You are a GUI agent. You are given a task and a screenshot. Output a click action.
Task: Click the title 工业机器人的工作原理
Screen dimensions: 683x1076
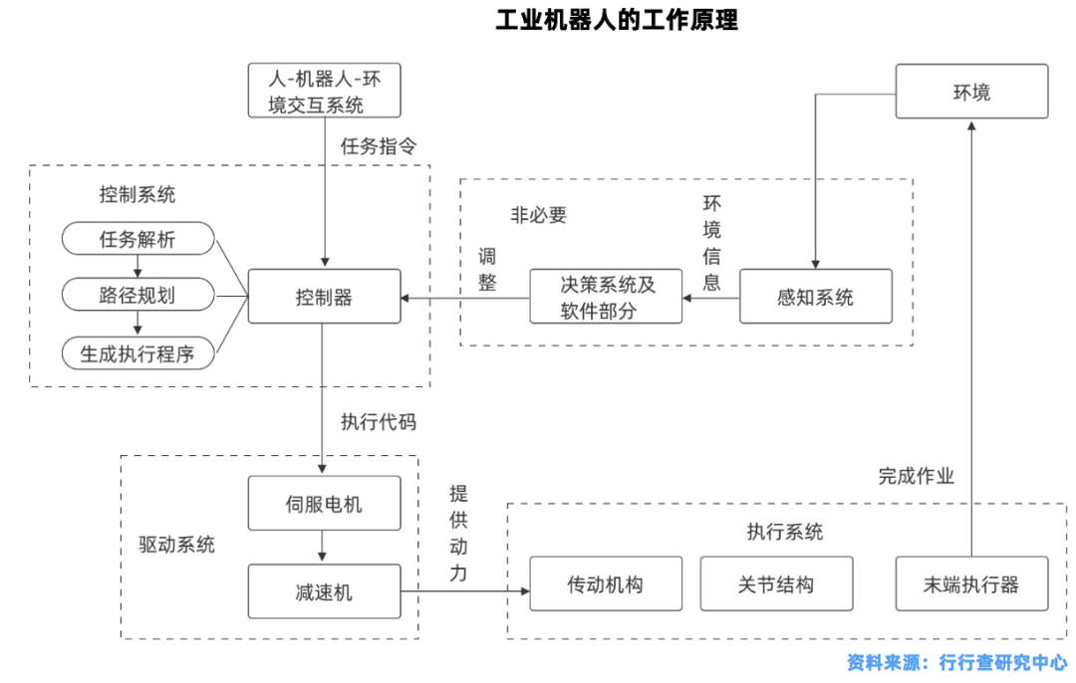pos(617,20)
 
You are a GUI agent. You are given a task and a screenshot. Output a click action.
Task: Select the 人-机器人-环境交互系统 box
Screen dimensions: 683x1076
pos(324,91)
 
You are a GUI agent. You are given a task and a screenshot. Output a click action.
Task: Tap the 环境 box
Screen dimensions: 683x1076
pos(970,92)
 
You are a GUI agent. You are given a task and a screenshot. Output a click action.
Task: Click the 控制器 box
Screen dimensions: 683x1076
pos(324,296)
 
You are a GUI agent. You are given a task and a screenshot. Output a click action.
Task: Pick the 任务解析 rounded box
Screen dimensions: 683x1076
pos(137,239)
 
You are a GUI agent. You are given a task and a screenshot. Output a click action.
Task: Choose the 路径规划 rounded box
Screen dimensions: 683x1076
pos(137,296)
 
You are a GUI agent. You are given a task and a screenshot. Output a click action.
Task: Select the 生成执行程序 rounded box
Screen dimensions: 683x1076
pos(137,352)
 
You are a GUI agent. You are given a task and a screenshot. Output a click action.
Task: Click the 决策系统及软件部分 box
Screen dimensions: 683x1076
pos(606,296)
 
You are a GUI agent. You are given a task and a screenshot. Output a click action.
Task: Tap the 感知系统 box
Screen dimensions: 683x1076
pos(815,296)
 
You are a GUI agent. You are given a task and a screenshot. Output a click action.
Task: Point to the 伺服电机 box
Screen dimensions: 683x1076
pos(323,504)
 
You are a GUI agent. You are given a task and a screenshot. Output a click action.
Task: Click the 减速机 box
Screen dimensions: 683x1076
pos(323,591)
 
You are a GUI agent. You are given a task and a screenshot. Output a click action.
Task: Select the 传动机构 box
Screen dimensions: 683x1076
pos(606,583)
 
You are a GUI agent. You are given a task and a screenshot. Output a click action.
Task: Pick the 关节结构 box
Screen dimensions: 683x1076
pos(776,583)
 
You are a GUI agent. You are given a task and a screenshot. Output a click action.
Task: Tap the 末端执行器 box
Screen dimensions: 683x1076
pos(971,583)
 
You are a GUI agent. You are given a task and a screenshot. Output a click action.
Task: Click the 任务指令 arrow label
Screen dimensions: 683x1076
pos(378,146)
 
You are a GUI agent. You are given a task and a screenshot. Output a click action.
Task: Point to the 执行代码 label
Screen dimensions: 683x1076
pos(378,421)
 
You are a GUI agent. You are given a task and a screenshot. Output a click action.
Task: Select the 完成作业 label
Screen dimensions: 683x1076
pos(916,476)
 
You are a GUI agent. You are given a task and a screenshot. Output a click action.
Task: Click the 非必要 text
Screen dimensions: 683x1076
pos(539,215)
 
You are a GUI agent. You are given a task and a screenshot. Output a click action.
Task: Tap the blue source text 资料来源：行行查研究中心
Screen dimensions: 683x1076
pos(956,662)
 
